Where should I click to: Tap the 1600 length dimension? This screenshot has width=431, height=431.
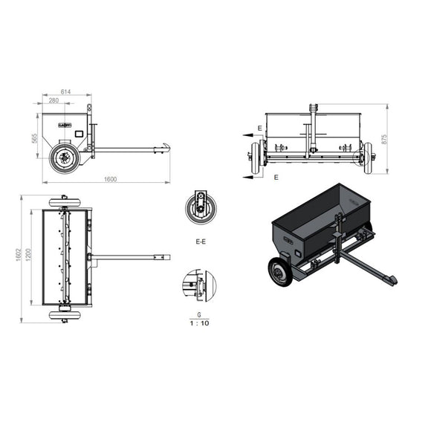point(110,181)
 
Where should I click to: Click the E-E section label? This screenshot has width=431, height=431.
point(200,242)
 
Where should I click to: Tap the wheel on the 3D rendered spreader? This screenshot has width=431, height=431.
point(280,273)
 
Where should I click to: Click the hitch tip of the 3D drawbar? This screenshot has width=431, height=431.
point(389,280)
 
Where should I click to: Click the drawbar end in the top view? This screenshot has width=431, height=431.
point(165,258)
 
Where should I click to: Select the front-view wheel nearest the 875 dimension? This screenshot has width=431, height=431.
point(367,157)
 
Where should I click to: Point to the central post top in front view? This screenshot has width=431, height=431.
point(313,108)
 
